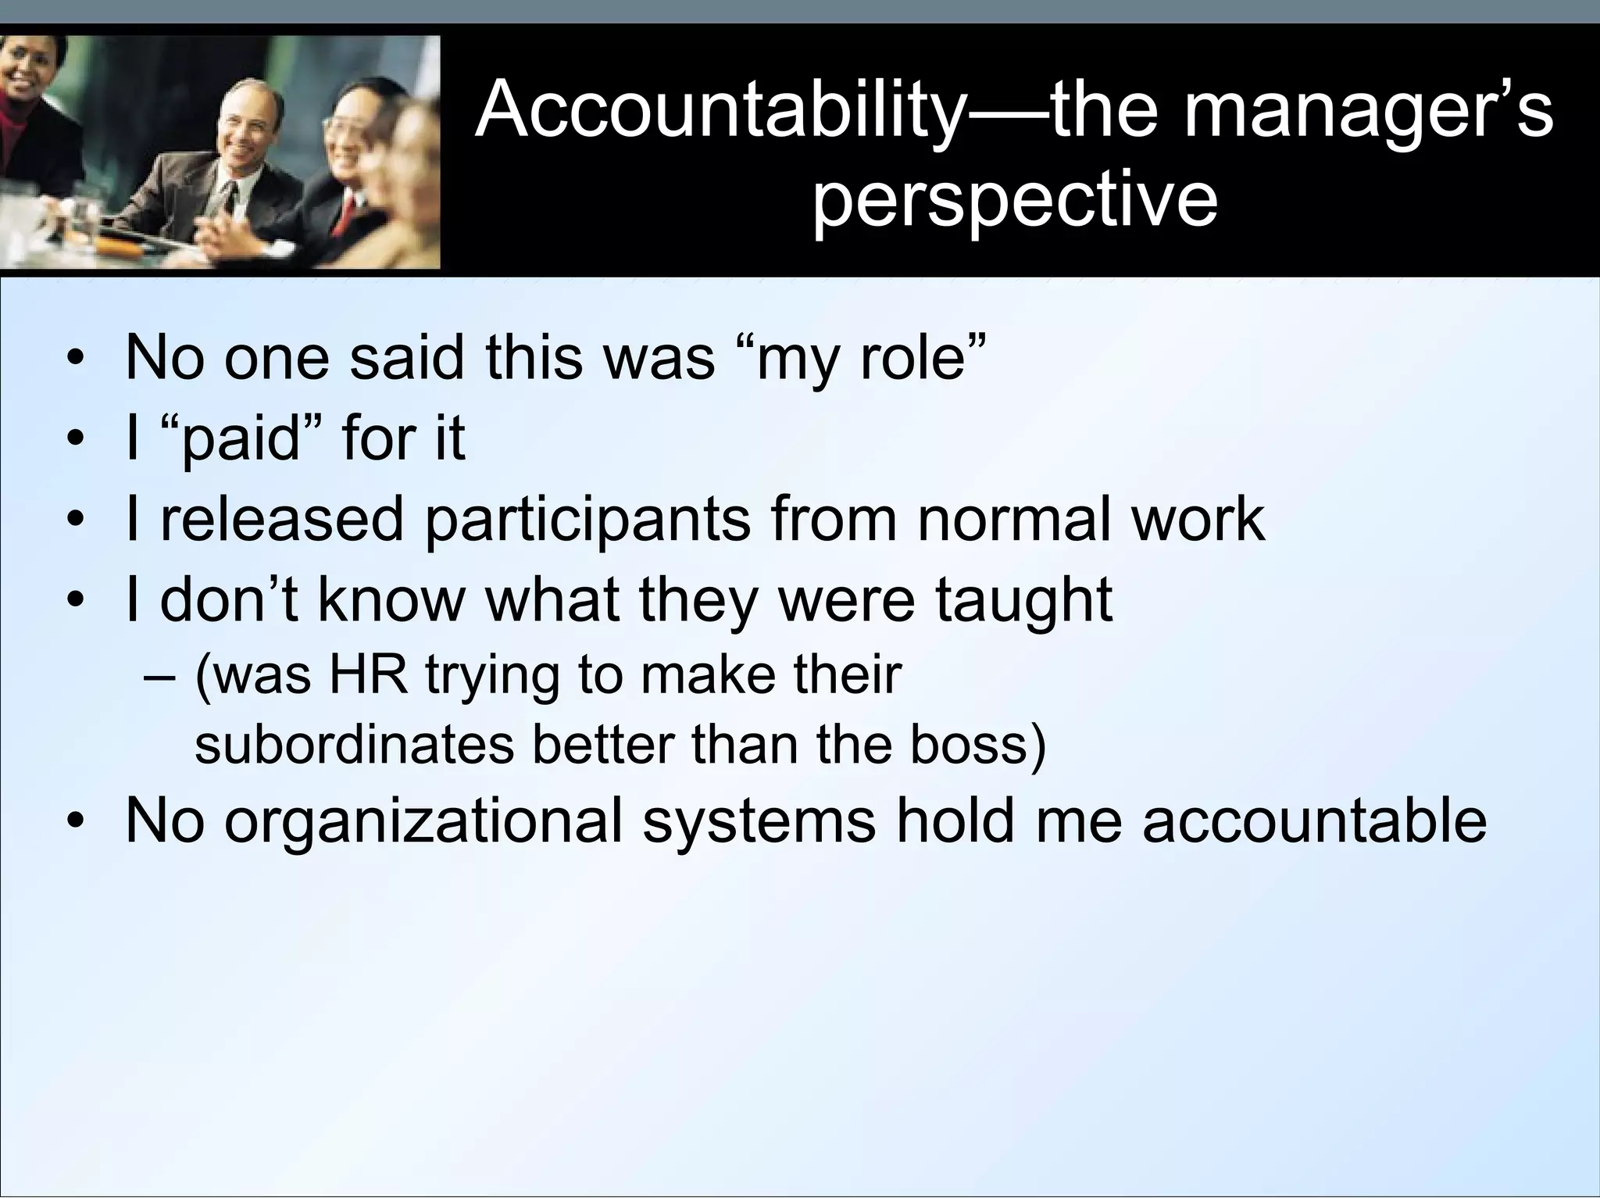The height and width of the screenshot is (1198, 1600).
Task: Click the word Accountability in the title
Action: pos(719,111)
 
